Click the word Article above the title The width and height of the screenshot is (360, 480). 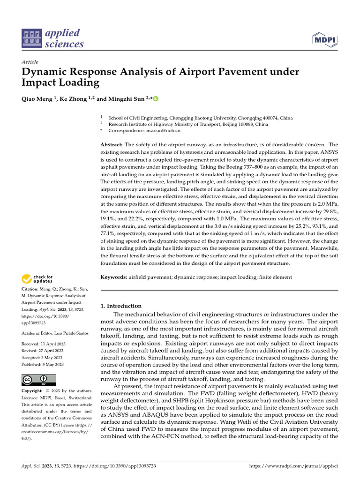[30, 62]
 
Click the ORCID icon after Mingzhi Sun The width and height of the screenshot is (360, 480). [156, 99]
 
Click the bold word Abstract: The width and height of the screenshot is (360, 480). [112, 145]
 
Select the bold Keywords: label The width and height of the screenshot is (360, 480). [114, 277]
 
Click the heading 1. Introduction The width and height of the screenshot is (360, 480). [121, 306]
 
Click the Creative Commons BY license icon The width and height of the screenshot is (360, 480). [38, 380]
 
